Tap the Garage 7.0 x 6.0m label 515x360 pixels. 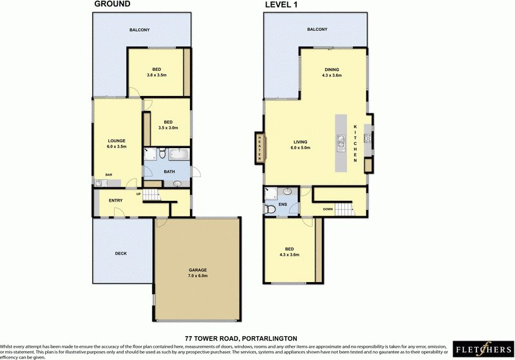198,272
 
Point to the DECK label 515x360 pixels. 121,253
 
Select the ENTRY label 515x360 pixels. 116,201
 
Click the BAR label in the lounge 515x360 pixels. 109,175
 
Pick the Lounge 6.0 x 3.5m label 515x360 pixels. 117,144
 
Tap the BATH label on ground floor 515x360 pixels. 169,172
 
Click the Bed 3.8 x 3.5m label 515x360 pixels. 156,72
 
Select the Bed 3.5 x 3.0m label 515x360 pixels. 168,125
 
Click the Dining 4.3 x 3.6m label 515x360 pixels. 332,72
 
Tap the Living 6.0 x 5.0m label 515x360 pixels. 301,145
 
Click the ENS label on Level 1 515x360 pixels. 283,205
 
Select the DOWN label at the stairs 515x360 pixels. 328,209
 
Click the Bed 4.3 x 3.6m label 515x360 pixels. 289,252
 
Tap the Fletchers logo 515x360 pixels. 482,348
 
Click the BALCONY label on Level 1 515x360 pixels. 317,30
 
